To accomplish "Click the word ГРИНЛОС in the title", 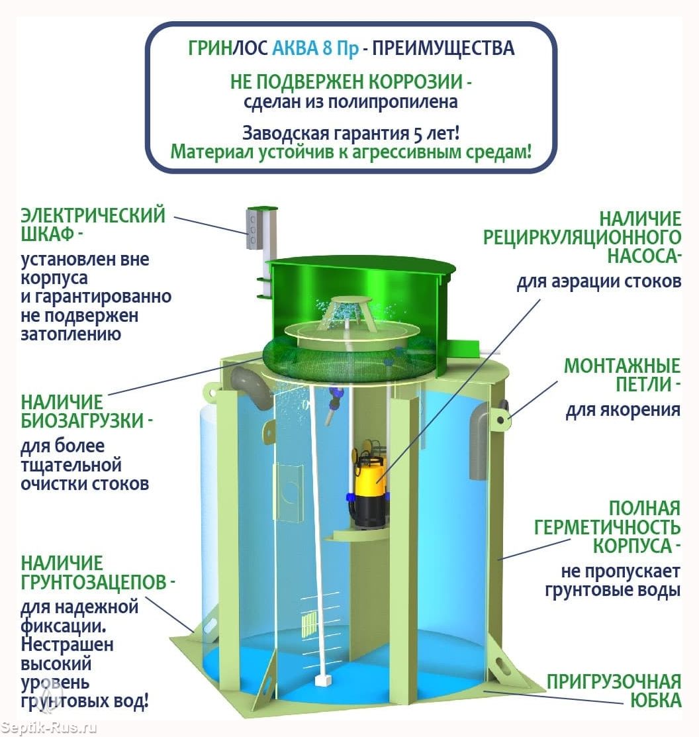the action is point(228,48).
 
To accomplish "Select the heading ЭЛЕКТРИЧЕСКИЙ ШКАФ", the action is point(93,224).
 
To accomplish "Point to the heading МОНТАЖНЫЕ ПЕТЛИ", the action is point(622,375).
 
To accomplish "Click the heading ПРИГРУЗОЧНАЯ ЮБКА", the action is point(614,691).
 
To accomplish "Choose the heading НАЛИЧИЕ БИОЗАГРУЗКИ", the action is point(87,411).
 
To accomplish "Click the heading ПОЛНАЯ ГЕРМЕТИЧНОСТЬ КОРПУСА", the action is point(608,527).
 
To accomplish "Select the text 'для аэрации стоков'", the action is point(599,281).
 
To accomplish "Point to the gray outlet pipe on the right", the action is point(480,440).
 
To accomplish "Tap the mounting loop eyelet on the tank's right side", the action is point(501,419).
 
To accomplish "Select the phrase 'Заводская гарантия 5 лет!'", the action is point(351,133).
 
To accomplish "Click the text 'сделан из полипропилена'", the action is point(350,102).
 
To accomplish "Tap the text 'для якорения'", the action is point(623,409).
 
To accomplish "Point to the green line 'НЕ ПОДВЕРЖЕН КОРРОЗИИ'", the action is point(351,81).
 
